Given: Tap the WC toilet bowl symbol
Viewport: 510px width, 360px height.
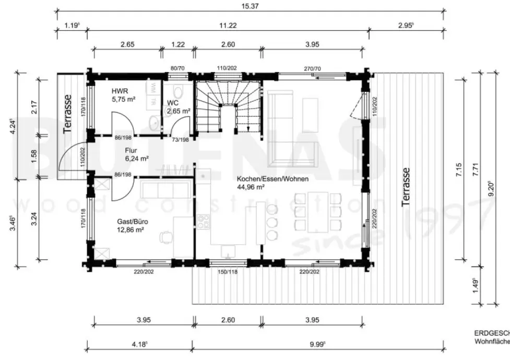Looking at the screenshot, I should (x=179, y=92).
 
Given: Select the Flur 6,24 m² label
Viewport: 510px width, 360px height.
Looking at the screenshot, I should (x=137, y=154).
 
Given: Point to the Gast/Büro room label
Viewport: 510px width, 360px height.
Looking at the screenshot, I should (x=131, y=225).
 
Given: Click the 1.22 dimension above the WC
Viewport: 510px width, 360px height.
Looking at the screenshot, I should (x=178, y=44).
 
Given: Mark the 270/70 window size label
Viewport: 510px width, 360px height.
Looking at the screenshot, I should (x=312, y=68).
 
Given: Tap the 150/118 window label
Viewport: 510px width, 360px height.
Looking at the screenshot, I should (x=227, y=272).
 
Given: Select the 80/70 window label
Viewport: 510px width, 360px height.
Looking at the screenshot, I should (x=178, y=68).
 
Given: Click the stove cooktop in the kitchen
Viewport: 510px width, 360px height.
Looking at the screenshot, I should (x=203, y=221).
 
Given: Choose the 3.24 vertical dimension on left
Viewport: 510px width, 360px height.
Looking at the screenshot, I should (x=34, y=220).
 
